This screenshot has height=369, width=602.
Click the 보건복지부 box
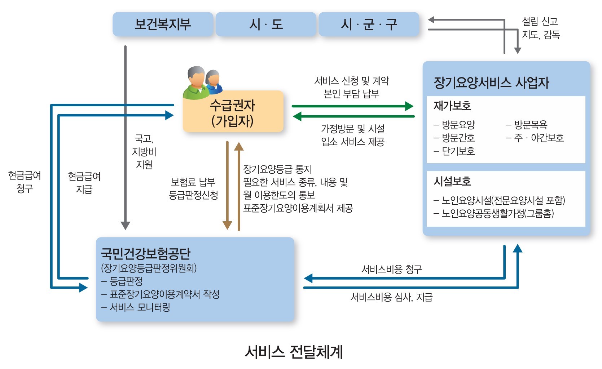click(163, 24)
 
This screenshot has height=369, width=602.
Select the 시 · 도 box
click(266, 24)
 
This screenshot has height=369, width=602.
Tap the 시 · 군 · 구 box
click(369, 24)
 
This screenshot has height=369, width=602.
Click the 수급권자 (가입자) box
click(233, 112)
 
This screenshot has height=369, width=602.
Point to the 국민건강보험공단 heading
click(146, 254)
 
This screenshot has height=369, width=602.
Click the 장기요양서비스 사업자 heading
click(491, 83)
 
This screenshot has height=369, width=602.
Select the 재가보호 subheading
click(452, 106)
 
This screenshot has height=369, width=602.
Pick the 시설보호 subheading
click(452, 181)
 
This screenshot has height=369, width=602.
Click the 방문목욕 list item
click(530, 125)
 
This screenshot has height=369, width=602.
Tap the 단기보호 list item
click(458, 151)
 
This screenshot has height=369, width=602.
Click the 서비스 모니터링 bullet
click(140, 307)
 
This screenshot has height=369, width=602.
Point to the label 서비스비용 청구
click(391, 269)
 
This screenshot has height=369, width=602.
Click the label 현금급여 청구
click(25, 182)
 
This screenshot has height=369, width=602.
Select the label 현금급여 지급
click(84, 183)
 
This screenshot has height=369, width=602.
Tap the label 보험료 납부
click(193, 182)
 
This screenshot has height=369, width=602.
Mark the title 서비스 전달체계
click(294, 352)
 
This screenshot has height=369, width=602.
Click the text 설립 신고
click(540, 22)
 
